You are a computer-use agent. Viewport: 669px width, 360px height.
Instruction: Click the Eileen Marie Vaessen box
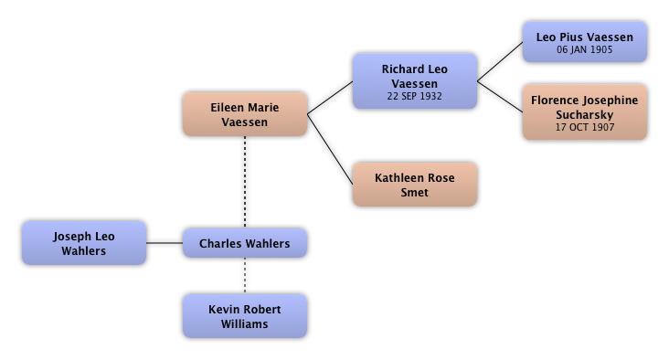(245, 114)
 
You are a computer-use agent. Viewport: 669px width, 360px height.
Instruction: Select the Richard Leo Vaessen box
(415, 81)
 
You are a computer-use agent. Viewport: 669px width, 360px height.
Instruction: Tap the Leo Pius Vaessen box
(585, 42)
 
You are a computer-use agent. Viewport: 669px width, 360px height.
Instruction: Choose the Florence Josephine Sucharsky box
(585, 111)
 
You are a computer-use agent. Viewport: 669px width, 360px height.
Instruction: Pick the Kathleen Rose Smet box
(415, 185)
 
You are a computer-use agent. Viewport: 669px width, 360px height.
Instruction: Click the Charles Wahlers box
(245, 243)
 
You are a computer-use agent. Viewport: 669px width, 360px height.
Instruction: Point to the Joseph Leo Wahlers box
(84, 243)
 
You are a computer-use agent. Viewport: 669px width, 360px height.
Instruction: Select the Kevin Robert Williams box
(245, 316)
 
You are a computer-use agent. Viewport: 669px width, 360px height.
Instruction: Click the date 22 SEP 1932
(415, 97)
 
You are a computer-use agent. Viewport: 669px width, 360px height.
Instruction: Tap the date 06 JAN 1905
(585, 49)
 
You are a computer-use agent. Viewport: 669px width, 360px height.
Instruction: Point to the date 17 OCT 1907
(585, 127)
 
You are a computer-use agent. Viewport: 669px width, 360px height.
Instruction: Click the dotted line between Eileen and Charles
(245, 182)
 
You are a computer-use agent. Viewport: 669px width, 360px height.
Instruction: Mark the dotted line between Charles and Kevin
(245, 276)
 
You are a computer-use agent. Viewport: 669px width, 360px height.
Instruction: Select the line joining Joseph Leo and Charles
(165, 243)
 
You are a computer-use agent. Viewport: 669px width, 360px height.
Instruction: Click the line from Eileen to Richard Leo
(330, 98)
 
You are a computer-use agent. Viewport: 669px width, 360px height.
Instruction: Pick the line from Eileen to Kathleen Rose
(330, 149)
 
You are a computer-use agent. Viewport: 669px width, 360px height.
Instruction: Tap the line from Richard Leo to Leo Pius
(500, 61)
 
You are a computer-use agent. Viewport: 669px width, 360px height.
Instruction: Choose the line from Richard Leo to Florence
(500, 97)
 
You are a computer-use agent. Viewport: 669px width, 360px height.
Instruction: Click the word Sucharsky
(585, 115)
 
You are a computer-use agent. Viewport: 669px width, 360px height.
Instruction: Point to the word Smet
(415, 193)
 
